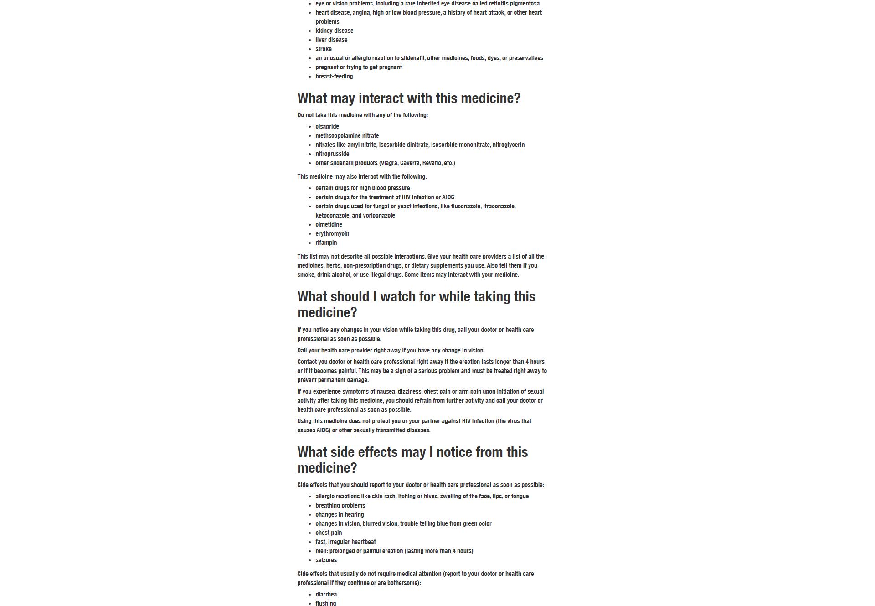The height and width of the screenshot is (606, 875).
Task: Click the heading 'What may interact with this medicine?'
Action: point(408,98)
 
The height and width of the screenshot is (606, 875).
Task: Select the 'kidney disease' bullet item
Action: point(334,31)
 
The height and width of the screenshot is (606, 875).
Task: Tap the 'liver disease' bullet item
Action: point(331,40)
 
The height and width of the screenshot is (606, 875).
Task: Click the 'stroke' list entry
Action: point(323,49)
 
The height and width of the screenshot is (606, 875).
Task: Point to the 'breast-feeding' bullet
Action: point(334,77)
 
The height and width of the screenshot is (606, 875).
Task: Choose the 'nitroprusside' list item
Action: point(332,154)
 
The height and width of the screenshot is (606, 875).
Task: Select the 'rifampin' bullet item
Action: point(326,243)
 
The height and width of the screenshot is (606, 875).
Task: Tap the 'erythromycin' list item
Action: point(332,234)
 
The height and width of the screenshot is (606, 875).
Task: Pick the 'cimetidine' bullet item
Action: point(329,225)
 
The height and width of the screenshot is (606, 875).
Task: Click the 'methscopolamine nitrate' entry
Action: point(347,136)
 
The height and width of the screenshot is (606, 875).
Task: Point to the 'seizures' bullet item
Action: point(326,560)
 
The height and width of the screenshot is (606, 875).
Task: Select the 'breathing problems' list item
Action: point(340,506)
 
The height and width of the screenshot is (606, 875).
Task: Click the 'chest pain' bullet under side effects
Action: point(329,533)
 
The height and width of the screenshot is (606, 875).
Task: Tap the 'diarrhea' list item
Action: point(326,595)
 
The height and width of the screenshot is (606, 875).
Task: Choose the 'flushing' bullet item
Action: point(325,603)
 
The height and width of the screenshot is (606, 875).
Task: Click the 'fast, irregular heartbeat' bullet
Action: point(345,542)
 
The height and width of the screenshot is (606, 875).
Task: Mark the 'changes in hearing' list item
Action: point(340,515)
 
